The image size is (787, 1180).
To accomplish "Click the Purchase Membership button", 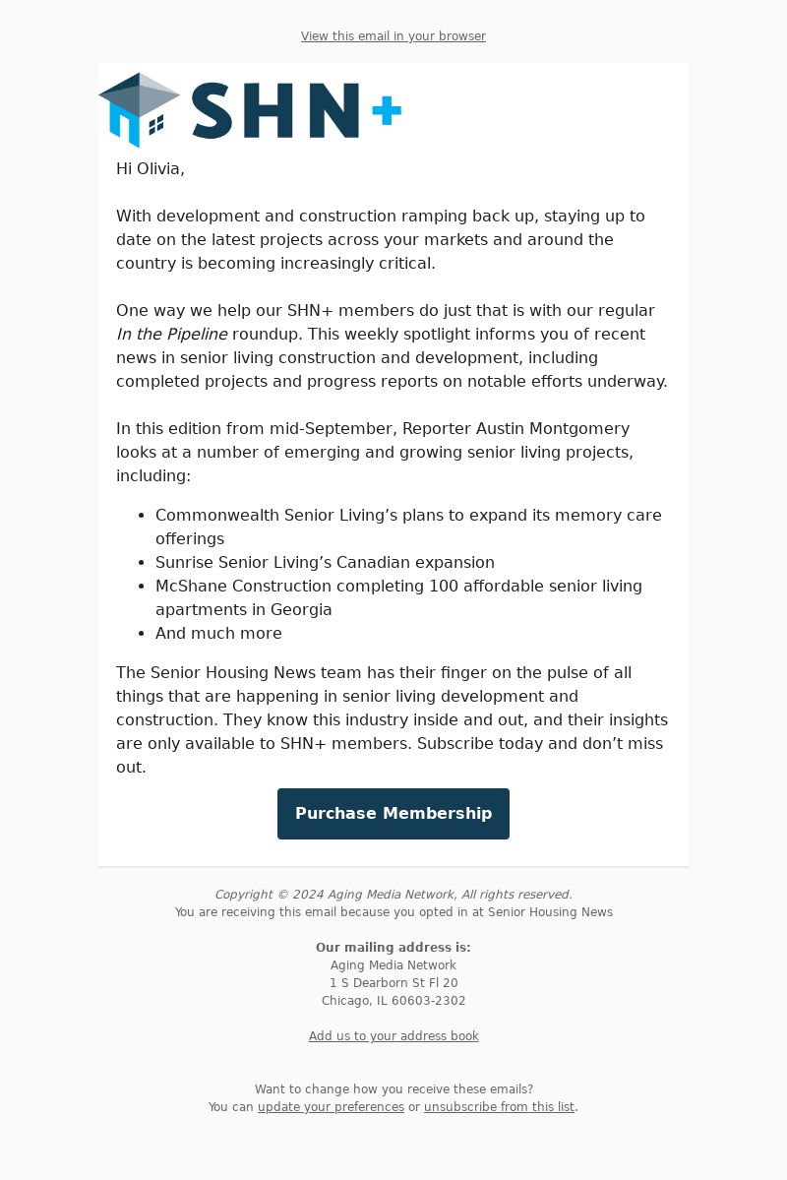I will point(393,814).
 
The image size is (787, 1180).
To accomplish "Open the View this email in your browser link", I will point(393,36).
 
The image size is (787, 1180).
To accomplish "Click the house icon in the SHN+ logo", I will point(139,109).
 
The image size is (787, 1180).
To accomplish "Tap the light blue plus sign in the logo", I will point(387,111).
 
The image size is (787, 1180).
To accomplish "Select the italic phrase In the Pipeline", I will point(172,334).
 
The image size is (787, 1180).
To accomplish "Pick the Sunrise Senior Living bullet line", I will point(325,562).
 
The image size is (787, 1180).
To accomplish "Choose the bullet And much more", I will point(218,633).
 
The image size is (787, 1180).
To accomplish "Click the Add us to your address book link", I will point(393,1036).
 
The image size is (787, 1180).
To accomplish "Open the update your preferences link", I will point(331,1107).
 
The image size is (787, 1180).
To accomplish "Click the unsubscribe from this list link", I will point(499,1107).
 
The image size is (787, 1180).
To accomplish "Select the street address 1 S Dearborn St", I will point(381,983).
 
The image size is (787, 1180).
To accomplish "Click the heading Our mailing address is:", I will point(393,948).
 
